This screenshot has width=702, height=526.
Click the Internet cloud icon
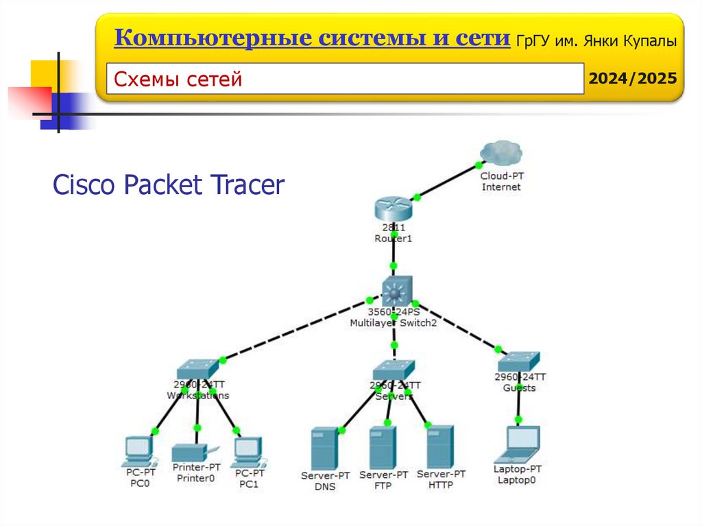click(x=501, y=153)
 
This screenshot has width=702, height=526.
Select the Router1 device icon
click(x=393, y=208)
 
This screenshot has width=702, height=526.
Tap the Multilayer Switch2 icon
click(x=394, y=291)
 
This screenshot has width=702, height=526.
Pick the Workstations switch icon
click(x=197, y=369)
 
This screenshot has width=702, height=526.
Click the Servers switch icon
click(x=394, y=370)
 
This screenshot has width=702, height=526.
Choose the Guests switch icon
click(x=519, y=361)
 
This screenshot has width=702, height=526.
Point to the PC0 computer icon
click(x=138, y=449)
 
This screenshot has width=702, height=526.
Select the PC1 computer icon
click(x=247, y=449)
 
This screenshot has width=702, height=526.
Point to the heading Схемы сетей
click(x=178, y=80)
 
